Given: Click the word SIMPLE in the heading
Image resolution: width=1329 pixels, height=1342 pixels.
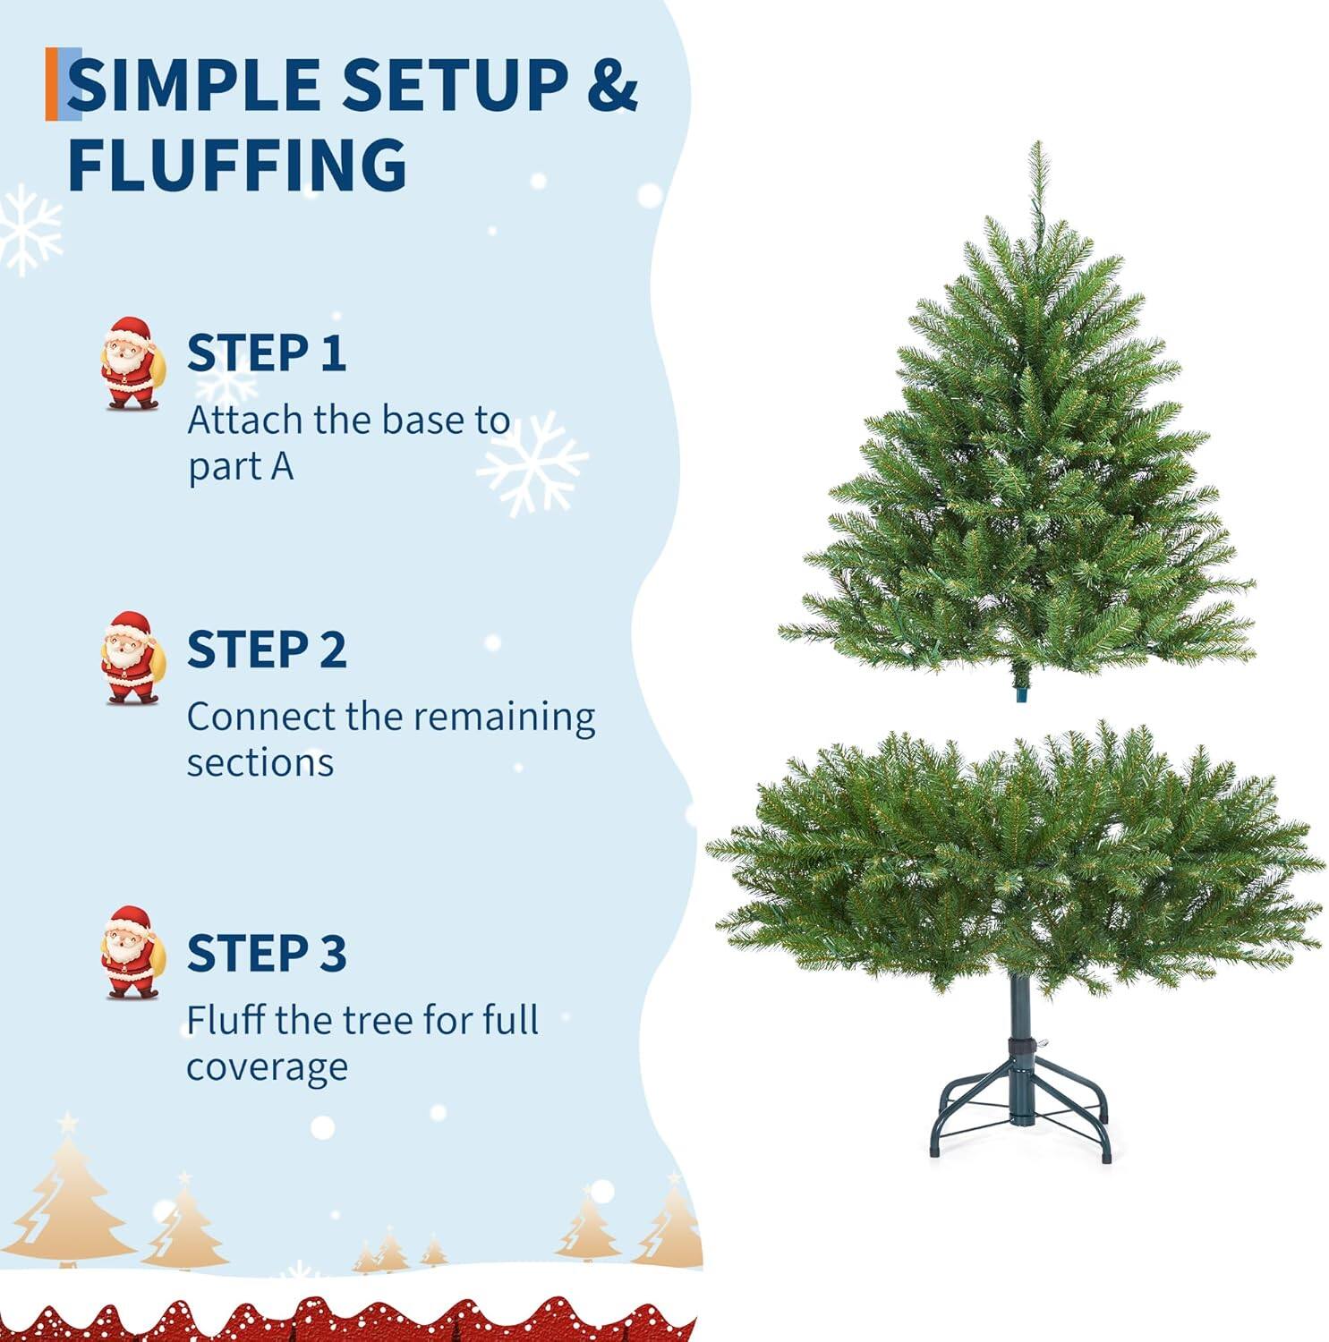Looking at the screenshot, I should (194, 85).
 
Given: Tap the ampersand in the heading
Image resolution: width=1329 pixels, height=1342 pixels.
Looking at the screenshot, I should (611, 85).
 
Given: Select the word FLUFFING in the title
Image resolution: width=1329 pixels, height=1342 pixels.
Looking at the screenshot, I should (237, 165).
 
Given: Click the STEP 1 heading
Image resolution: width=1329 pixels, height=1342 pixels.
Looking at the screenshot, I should (266, 352).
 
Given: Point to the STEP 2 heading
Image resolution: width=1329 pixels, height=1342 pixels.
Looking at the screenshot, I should (266, 650).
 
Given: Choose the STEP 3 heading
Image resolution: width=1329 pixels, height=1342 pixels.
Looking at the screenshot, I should (266, 953).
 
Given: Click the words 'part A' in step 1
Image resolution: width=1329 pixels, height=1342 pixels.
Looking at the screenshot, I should (240, 467).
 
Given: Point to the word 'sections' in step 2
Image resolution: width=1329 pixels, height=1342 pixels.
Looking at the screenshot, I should (260, 763).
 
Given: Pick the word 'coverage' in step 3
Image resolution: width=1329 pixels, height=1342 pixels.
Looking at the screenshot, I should (267, 1066).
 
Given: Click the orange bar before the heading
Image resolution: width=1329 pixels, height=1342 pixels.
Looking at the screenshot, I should (52, 84).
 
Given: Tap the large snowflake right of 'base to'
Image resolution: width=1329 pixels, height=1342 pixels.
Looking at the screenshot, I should (532, 463).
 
